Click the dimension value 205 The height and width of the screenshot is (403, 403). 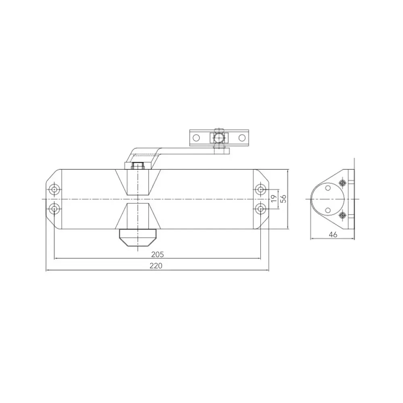(x=157, y=254)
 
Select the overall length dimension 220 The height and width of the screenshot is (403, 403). (x=157, y=266)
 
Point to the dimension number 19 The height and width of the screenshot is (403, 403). (x=274, y=199)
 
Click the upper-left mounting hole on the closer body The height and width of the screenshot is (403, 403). (x=54, y=190)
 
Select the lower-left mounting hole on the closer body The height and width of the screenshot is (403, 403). (x=54, y=209)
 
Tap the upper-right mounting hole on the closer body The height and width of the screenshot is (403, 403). (x=261, y=190)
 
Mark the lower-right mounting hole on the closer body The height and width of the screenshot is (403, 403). (x=261, y=209)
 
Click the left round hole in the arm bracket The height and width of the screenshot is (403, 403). (x=196, y=137)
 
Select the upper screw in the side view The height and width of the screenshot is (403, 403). (x=343, y=184)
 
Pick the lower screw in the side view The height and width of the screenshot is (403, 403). (x=343, y=215)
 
